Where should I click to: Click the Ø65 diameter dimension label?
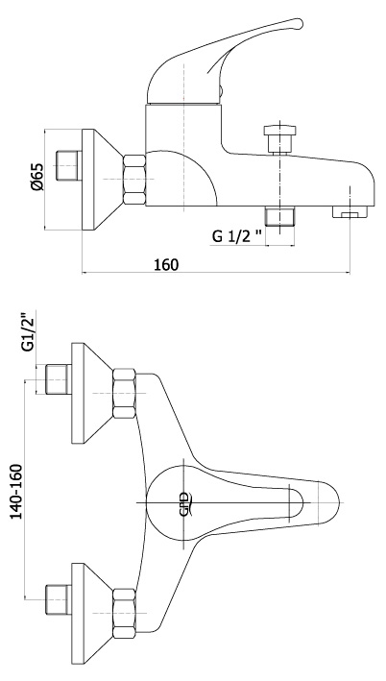point(37,177)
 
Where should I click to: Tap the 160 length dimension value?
point(166,264)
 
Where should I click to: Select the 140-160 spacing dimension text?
point(16,491)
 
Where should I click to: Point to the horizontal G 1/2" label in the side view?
point(237,236)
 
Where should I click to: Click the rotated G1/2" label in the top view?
point(29,331)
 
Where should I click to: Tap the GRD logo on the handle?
point(185,504)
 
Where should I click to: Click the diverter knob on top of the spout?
point(280,138)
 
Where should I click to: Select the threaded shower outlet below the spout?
point(280,215)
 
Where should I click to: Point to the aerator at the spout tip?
point(350,211)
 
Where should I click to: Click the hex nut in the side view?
point(134,180)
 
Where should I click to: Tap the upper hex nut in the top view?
point(124,394)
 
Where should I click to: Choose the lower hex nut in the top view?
point(124,613)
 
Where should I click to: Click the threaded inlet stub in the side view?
point(69,165)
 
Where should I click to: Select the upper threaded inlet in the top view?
point(59,379)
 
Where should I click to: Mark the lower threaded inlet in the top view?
point(59,599)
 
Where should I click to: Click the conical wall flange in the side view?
point(103,180)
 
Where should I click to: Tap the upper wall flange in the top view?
point(92,393)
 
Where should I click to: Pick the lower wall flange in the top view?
point(92,613)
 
